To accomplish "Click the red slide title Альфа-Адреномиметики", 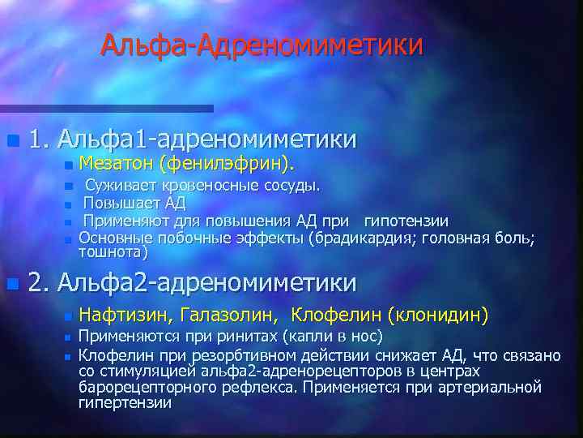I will tap(262, 45).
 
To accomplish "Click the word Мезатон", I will tap(117, 165).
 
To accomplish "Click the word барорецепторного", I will tap(145, 387).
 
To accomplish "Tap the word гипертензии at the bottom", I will tap(125, 402).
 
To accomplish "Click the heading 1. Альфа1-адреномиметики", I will tap(192, 140).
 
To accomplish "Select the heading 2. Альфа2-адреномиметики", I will tap(192, 282).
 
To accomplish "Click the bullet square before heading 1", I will tap(11, 141).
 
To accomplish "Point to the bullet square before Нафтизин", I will tap(68, 316).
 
